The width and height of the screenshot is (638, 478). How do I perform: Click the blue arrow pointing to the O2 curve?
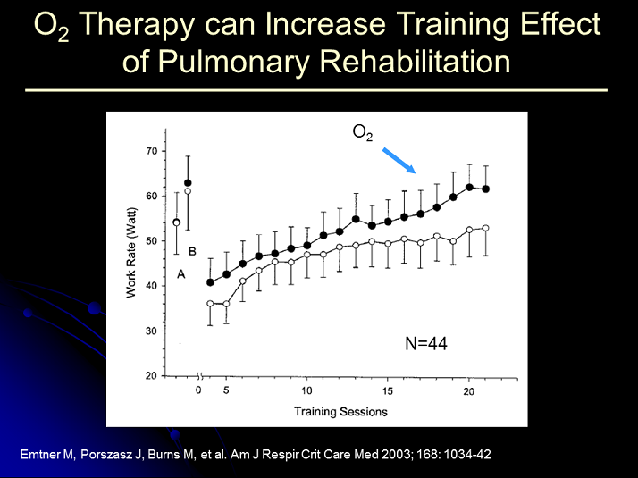(399, 160)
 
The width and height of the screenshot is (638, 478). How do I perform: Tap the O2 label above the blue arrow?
(362, 132)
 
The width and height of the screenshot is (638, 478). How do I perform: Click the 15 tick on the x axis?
(388, 391)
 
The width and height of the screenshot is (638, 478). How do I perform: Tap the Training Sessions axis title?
(341, 412)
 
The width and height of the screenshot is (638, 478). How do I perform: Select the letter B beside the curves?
(191, 251)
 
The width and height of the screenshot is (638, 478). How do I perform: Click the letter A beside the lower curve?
(181, 274)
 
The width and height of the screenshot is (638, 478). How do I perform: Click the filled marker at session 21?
(485, 189)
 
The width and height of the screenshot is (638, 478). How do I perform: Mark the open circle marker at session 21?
(485, 228)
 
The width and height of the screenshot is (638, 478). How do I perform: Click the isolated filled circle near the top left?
(188, 183)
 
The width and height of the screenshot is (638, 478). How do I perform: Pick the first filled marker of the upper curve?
(210, 282)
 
